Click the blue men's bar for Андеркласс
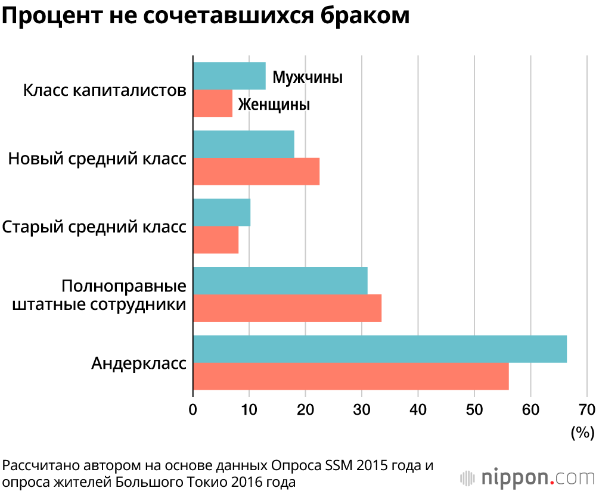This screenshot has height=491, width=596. pos(380,349)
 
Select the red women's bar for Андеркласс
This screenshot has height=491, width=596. pos(351,377)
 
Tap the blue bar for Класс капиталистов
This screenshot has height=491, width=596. pos(229,76)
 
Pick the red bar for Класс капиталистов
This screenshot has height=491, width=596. pos(213,103)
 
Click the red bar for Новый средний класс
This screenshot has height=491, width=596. pos(256,172)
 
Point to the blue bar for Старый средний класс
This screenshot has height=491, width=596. pos(222,213)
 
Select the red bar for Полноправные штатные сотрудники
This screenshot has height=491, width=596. pos(287,308)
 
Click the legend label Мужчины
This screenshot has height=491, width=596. pos(308,77)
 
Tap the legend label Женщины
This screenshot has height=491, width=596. pos(274,105)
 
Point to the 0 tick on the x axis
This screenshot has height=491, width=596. pos(193,410)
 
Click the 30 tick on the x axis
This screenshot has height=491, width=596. pos(362,410)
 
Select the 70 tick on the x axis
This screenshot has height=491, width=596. pos(586,410)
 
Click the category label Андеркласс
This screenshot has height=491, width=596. pos(138,363)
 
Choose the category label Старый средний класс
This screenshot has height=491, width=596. pos(94,227)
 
